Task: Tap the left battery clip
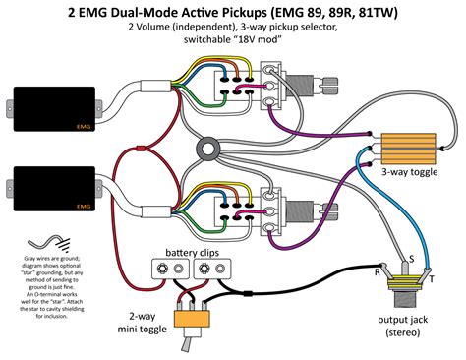169,271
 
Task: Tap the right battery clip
213,271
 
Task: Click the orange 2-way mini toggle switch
191,317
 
